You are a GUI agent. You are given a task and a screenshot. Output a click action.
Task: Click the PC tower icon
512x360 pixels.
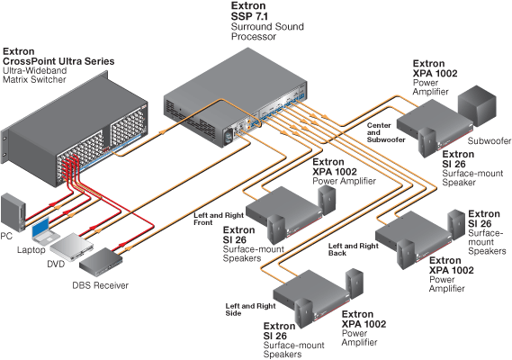pos(13,212)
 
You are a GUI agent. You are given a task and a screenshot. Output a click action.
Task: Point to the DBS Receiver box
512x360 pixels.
pos(101,261)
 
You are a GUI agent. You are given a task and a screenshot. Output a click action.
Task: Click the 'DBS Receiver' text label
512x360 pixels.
pos(100,285)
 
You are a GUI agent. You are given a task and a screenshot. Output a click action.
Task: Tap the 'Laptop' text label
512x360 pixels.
pos(31,250)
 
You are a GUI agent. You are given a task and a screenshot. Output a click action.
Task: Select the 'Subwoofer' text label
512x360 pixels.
pos(490,140)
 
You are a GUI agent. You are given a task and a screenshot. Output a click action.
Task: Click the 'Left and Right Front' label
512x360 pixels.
pos(219,219)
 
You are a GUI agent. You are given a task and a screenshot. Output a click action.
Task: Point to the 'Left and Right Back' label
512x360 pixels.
pos(354,249)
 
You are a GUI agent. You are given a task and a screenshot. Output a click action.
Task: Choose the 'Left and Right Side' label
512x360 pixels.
pos(250,310)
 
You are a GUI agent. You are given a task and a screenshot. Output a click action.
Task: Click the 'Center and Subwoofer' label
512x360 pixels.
pos(386,132)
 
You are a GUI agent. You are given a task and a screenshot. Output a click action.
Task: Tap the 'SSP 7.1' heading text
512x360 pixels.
pos(249,16)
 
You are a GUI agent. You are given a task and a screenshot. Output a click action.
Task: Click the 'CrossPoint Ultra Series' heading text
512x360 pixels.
pos(58,61)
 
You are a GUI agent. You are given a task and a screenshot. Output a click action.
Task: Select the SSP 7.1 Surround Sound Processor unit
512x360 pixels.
pos(235,98)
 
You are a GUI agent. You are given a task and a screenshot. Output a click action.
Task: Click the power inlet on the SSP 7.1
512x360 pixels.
pos(229,136)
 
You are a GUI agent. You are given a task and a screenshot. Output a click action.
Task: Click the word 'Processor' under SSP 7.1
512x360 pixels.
pos(254,36)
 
